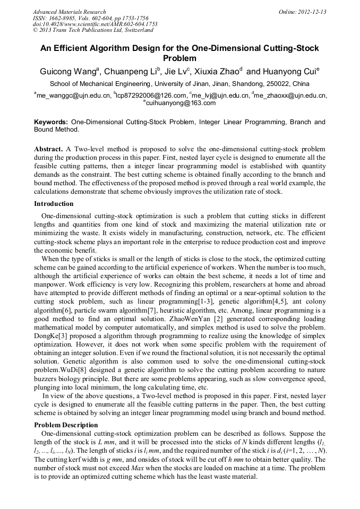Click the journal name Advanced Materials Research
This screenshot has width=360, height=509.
69,12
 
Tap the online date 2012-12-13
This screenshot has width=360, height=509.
312,12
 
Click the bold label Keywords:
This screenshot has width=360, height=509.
51,122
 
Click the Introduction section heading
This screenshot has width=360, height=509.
54,204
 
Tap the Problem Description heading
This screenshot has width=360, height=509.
66,425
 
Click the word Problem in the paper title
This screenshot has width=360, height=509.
180,58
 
